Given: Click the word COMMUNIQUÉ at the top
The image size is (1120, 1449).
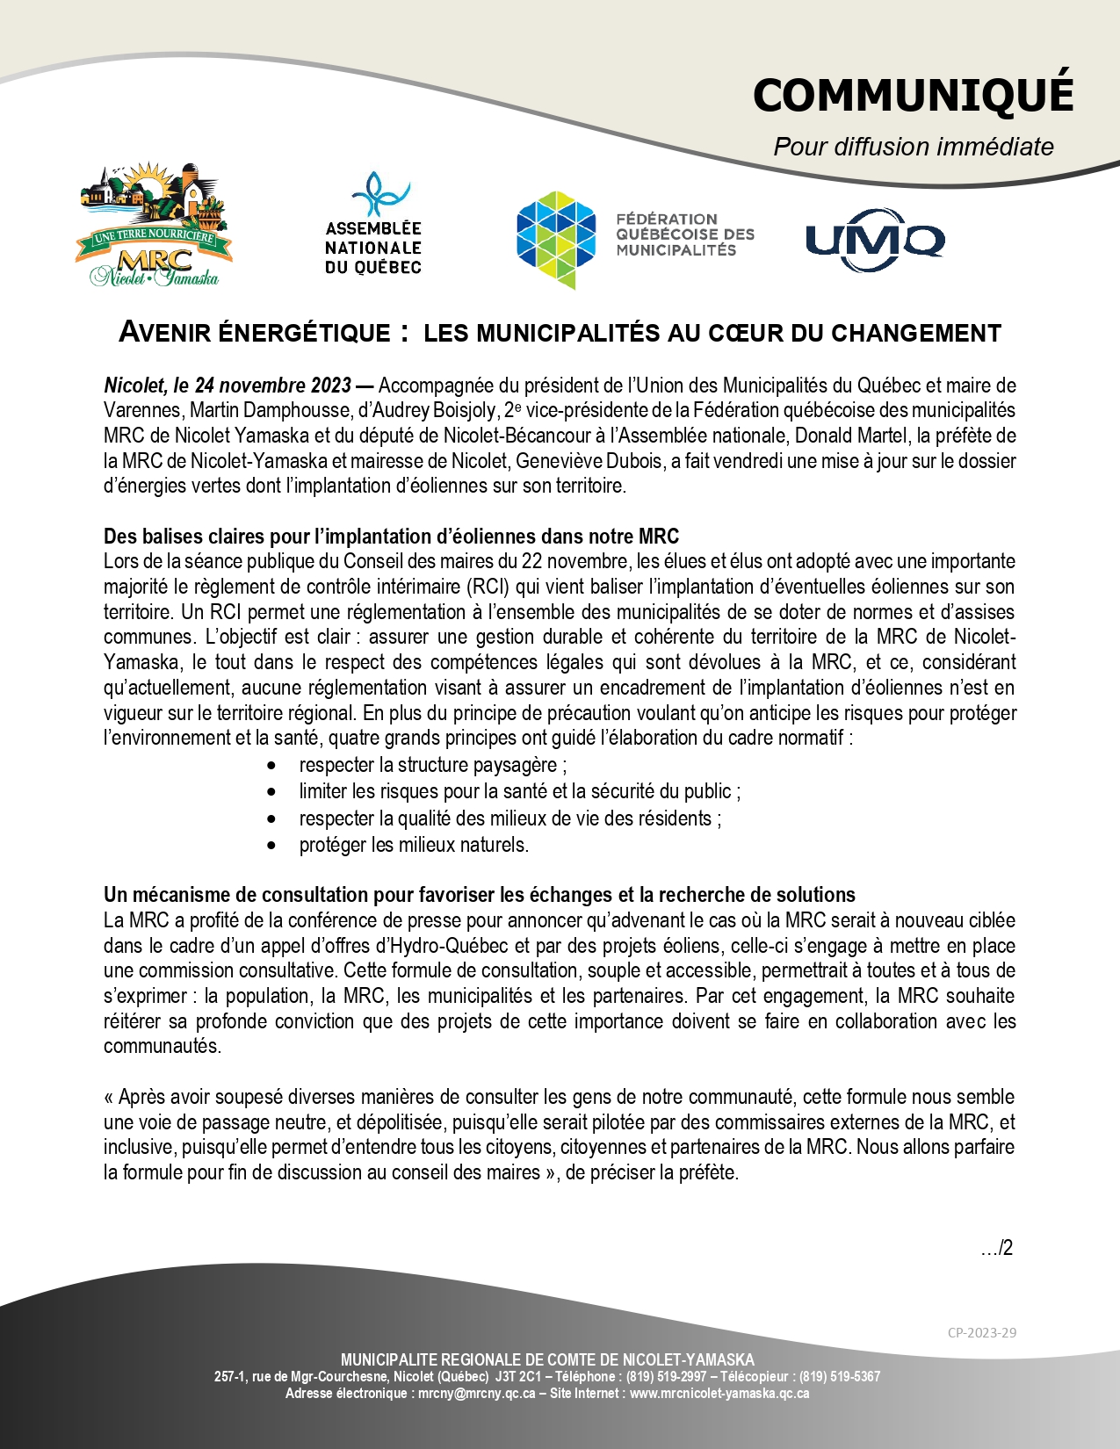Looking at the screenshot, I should click(913, 95).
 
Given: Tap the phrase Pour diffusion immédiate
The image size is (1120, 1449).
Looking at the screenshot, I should click(913, 147).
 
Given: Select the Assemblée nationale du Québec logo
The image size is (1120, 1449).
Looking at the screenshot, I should click(373, 224).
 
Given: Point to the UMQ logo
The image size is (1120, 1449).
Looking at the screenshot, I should click(875, 240).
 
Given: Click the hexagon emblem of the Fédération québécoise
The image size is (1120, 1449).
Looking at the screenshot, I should click(556, 238).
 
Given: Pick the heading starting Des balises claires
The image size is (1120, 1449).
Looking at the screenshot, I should click(391, 537).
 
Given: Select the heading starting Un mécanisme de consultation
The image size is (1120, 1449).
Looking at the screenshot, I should click(479, 895).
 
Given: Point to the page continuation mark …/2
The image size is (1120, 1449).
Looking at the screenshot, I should click(996, 1248).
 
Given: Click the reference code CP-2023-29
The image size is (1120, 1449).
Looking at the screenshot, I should click(981, 1332).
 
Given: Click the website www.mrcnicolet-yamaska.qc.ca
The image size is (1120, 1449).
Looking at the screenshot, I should click(719, 1394).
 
